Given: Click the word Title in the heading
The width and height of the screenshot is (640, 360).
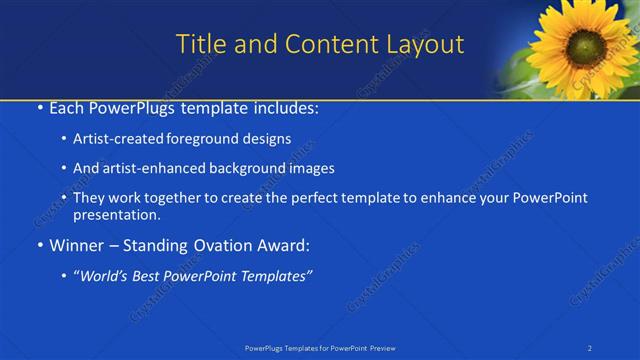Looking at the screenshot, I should click(x=199, y=44).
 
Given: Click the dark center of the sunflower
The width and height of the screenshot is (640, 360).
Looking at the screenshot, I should click(x=585, y=46).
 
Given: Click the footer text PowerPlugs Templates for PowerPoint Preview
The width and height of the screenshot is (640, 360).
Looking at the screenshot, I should click(x=320, y=348).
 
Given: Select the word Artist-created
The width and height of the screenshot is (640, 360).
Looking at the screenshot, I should click(x=113, y=139).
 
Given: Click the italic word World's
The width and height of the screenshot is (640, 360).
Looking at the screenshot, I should click(x=108, y=275).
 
